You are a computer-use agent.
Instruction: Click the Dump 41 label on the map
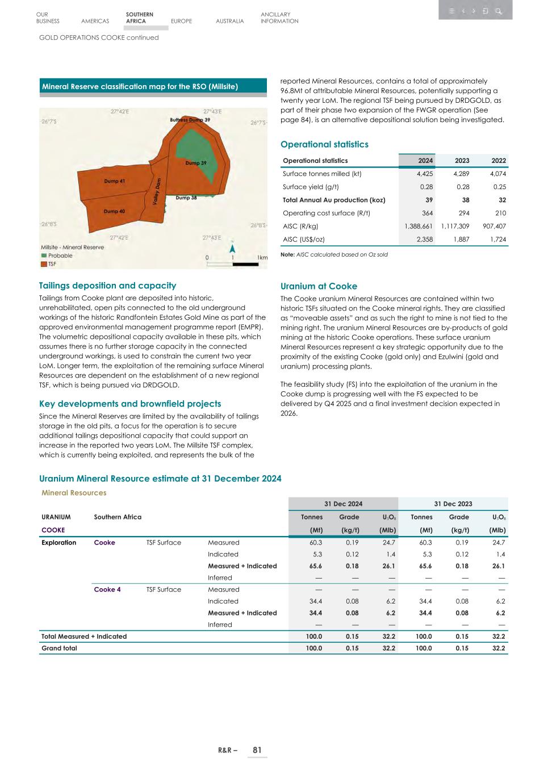coord(114,181)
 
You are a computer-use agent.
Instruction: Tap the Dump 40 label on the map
coord(114,211)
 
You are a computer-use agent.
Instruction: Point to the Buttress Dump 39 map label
coord(190,120)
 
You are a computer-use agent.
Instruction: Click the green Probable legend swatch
coord(44,255)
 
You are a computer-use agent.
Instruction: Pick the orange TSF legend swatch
coord(44,263)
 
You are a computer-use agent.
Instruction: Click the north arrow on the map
coord(233,248)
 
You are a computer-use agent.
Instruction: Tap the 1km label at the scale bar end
coord(262,258)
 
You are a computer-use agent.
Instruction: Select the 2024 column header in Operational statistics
coord(426,161)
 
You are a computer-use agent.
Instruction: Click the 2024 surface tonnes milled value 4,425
coord(424,174)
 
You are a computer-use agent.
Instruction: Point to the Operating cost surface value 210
coord(500,213)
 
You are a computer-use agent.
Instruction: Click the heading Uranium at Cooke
coord(319,286)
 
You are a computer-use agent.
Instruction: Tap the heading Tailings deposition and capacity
coord(107,286)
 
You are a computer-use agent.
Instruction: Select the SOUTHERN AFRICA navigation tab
coord(139,18)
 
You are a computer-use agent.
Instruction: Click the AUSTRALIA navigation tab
coord(230,21)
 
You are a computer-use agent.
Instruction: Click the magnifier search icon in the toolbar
coord(498,11)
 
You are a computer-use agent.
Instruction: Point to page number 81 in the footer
coord(257,750)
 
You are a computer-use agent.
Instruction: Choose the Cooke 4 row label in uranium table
coord(107,589)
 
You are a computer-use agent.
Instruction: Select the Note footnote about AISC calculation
coord(334,254)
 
